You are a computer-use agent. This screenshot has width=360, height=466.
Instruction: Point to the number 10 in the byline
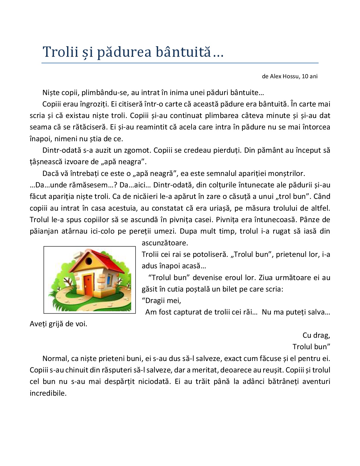coord(305,76)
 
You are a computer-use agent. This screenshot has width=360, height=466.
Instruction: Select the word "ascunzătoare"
coord(164,243)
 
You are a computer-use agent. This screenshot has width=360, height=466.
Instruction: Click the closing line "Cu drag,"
coord(316,335)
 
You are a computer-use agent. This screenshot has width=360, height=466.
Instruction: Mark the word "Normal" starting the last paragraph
coord(55,358)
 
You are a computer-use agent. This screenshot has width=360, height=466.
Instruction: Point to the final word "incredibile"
coord(48,393)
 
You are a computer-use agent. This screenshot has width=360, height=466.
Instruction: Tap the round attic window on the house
coord(88,260)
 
